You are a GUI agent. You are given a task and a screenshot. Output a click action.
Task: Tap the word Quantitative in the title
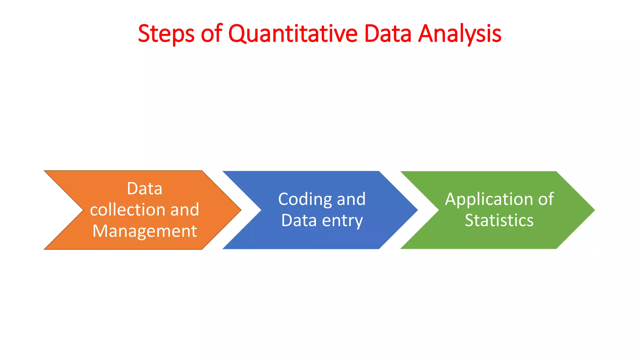click(293, 34)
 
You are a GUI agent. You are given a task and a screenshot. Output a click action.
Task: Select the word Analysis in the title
click(460, 34)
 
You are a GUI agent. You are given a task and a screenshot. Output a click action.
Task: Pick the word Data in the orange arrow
click(145, 188)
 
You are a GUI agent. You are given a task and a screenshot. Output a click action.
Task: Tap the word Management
click(145, 231)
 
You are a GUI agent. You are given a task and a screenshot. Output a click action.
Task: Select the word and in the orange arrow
click(185, 209)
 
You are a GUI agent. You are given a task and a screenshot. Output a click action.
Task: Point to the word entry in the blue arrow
click(342, 221)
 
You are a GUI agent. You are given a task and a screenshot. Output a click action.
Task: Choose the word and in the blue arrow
click(351, 199)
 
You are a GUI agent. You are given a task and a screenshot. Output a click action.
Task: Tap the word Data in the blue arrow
click(299, 220)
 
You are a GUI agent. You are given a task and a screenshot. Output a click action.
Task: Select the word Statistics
click(499, 220)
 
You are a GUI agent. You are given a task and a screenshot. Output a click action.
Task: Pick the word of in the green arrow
click(546, 199)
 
